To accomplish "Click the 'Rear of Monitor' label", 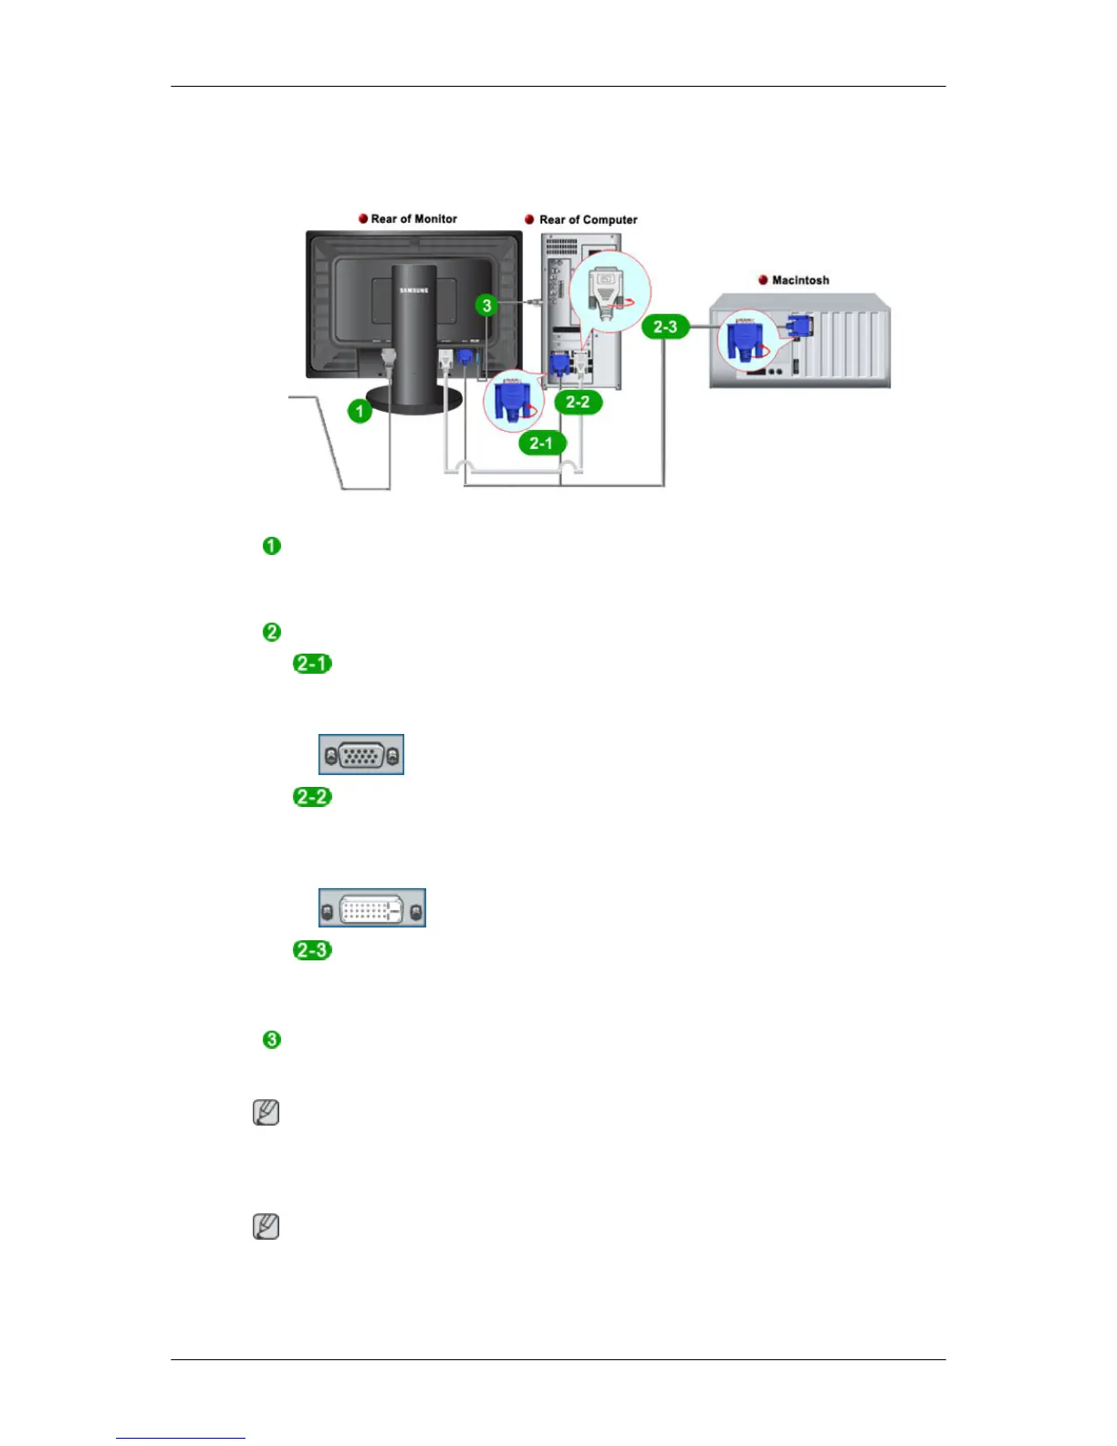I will (413, 219).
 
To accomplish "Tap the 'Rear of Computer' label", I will (588, 220).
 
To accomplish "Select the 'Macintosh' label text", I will (800, 280).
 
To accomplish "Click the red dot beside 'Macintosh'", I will (763, 280).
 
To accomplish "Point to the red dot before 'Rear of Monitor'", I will (363, 219).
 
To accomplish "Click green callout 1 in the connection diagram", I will (360, 411).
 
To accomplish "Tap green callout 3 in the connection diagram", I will (486, 305).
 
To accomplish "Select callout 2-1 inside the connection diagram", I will (541, 443).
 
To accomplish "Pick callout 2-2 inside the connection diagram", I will (578, 402).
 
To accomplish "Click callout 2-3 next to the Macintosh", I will (665, 327).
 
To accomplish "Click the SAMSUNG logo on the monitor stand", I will (413, 290).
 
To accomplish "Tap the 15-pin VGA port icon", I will (361, 755).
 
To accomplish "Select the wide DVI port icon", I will (372, 908).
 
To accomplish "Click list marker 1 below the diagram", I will (272, 546).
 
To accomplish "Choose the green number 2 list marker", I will (272, 632).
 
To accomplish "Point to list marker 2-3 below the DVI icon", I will (312, 950).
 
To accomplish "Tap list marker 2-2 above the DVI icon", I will (312, 797).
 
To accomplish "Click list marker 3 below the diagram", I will (272, 1040).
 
